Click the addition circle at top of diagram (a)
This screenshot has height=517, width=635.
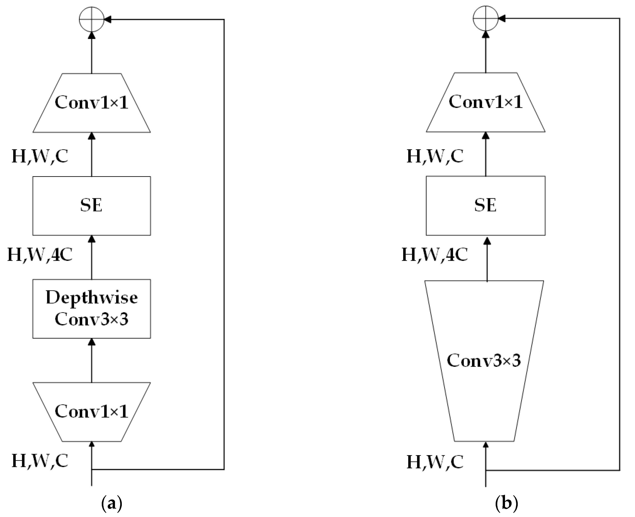92,19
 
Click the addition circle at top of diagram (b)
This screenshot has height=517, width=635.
486,18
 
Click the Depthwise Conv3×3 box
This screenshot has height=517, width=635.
92,309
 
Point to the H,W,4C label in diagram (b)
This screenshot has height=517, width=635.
435,255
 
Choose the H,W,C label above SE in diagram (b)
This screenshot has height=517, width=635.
435,156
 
